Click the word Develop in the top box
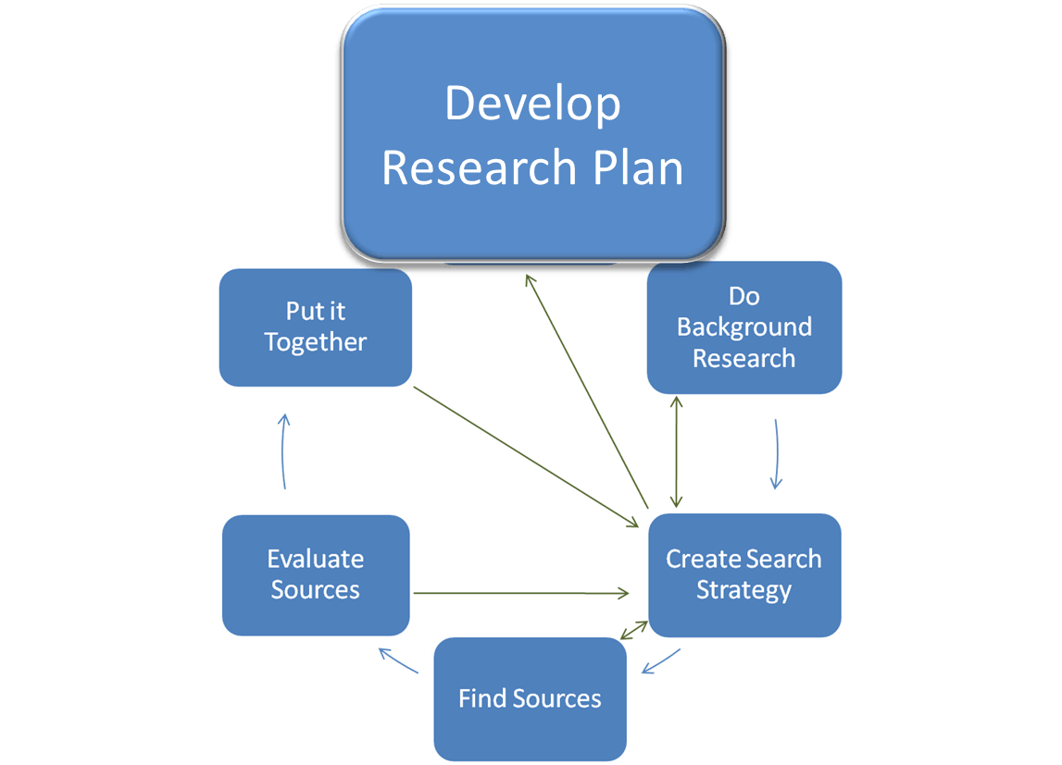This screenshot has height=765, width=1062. (x=532, y=105)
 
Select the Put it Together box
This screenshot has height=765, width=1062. (x=315, y=327)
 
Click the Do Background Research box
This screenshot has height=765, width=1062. (x=744, y=327)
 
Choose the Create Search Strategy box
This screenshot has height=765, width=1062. (x=744, y=574)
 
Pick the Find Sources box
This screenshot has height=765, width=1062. (x=530, y=698)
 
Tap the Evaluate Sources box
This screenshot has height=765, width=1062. (x=315, y=574)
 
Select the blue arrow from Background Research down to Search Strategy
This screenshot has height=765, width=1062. (x=776, y=453)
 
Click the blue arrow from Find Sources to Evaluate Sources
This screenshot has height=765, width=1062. (x=399, y=660)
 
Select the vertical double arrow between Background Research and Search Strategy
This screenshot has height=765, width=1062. (x=678, y=452)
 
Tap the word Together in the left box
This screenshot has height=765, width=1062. (x=315, y=342)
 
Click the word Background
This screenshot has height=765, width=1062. (x=744, y=327)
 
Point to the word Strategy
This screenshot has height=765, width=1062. (x=744, y=590)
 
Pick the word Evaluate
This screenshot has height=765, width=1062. (x=315, y=559)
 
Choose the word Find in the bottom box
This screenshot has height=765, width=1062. (x=480, y=698)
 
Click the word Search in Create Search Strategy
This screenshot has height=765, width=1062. (x=782, y=559)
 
